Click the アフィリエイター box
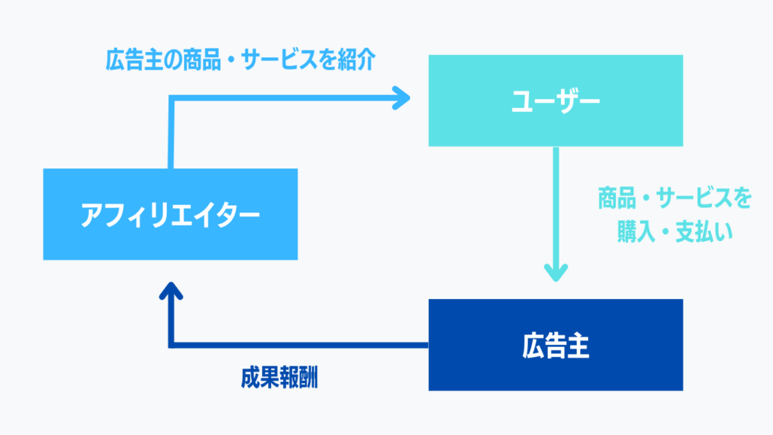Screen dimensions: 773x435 click(x=170, y=214)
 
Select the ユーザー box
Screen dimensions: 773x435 click(x=556, y=100)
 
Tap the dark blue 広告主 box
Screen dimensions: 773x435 click(x=556, y=344)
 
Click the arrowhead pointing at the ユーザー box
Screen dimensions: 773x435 click(x=402, y=97)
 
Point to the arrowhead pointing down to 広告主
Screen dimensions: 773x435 click(x=556, y=273)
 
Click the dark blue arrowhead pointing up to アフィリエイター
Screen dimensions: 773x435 click(x=171, y=291)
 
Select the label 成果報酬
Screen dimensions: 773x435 click(x=279, y=378)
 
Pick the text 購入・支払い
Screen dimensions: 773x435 click(x=675, y=232)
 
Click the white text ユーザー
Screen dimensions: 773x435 click(x=556, y=102)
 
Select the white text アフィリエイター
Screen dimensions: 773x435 click(x=170, y=215)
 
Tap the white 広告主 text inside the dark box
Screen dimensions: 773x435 click(x=556, y=346)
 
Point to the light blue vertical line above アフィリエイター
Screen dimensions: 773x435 click(x=171, y=131)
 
